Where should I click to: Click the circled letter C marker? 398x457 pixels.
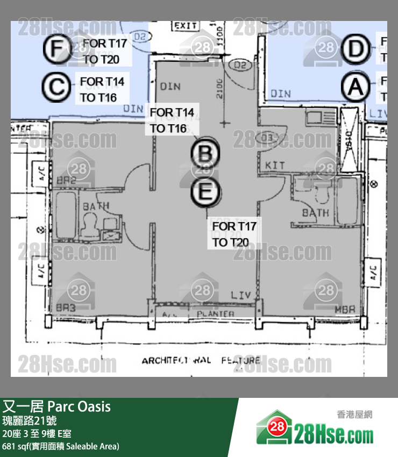pyautogui.click(x=57, y=88)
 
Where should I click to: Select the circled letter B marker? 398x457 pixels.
pyautogui.click(x=205, y=154)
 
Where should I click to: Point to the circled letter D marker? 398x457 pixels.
pyautogui.click(x=355, y=49)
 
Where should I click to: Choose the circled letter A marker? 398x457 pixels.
pyautogui.click(x=356, y=88)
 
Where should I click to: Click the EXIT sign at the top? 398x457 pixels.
pyautogui.click(x=185, y=26)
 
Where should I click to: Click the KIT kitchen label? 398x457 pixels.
pyautogui.click(x=275, y=165)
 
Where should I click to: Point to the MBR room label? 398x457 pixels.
pyautogui.click(x=344, y=310)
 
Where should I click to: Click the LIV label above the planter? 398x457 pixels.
pyautogui.click(x=240, y=295)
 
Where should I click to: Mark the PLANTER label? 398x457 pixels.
pyautogui.click(x=215, y=313)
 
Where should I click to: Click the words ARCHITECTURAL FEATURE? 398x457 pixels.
pyautogui.click(x=201, y=360)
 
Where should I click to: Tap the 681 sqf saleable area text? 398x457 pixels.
pyautogui.click(x=61, y=446)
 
